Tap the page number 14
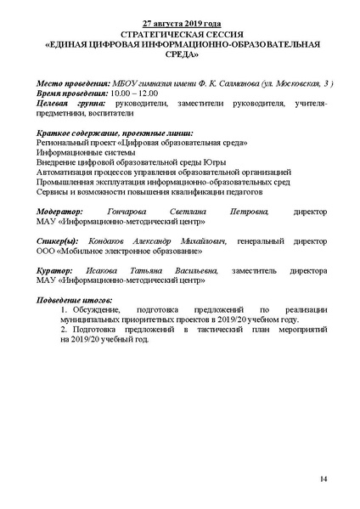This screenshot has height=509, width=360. click(x=323, y=479)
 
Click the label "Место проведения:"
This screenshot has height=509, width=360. click(x=74, y=84)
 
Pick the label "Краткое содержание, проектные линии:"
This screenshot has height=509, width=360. click(x=116, y=133)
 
